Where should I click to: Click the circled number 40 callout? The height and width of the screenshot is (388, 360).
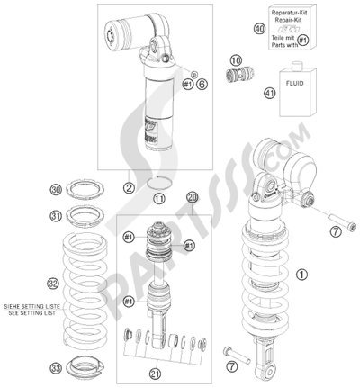click(x=259, y=29)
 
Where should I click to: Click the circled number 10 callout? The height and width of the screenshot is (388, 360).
click(x=237, y=60)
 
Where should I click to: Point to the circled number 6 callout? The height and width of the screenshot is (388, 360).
click(x=202, y=84)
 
